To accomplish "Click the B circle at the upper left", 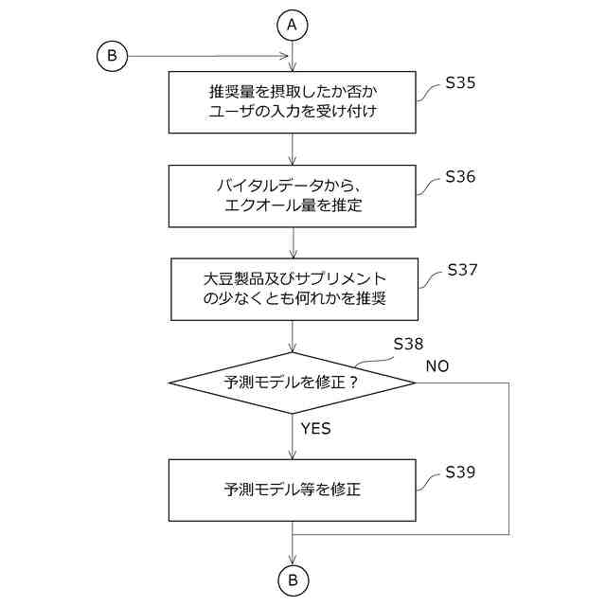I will [112, 57].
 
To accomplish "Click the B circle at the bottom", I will [293, 579].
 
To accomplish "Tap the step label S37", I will [461, 270].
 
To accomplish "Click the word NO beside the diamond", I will [437, 365].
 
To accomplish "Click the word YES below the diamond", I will [315, 429].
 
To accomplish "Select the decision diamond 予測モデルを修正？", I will [293, 383].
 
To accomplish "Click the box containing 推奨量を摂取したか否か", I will [293, 103].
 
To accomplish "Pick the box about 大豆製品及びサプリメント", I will [293, 289].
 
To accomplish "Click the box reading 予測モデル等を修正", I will [293, 490].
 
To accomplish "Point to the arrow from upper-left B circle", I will [208, 57].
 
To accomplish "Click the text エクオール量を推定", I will [294, 205].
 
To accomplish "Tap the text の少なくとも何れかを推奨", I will [294, 299].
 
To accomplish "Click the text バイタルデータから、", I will [294, 185].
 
